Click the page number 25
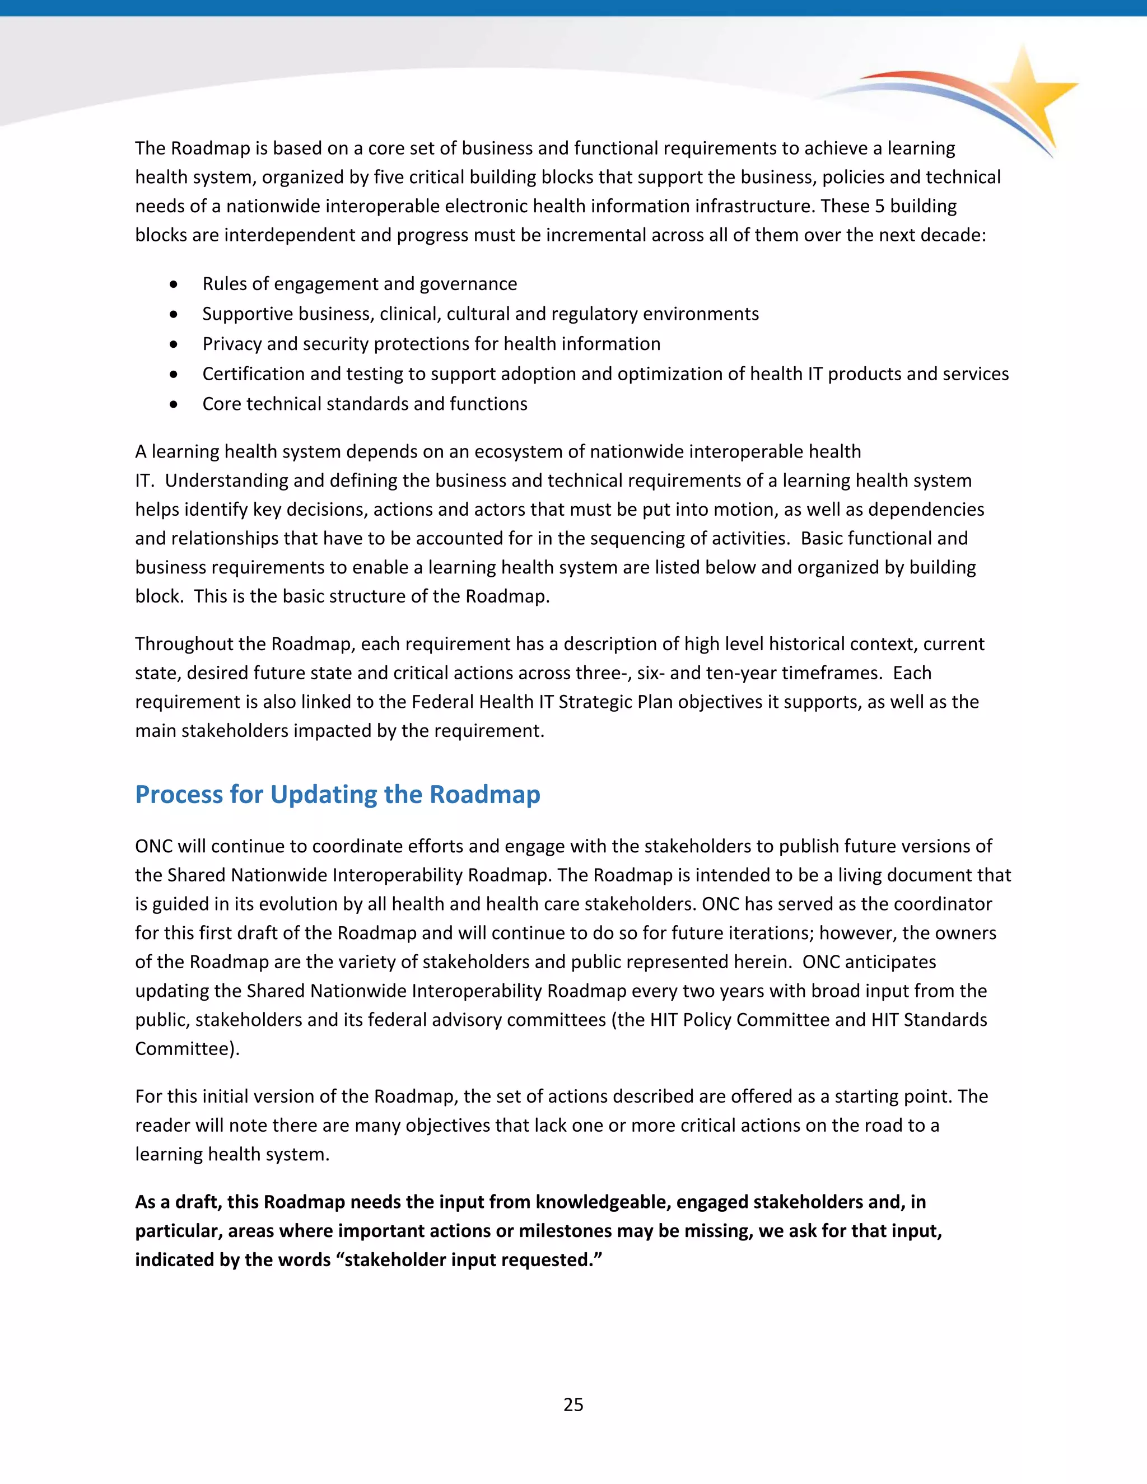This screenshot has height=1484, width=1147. [x=573, y=1404]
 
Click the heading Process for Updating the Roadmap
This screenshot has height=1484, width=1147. [x=337, y=794]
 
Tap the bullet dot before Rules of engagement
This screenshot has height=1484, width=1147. [x=175, y=284]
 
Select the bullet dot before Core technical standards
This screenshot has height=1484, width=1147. [x=175, y=404]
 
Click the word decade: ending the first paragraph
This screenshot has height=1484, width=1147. [x=953, y=235]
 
